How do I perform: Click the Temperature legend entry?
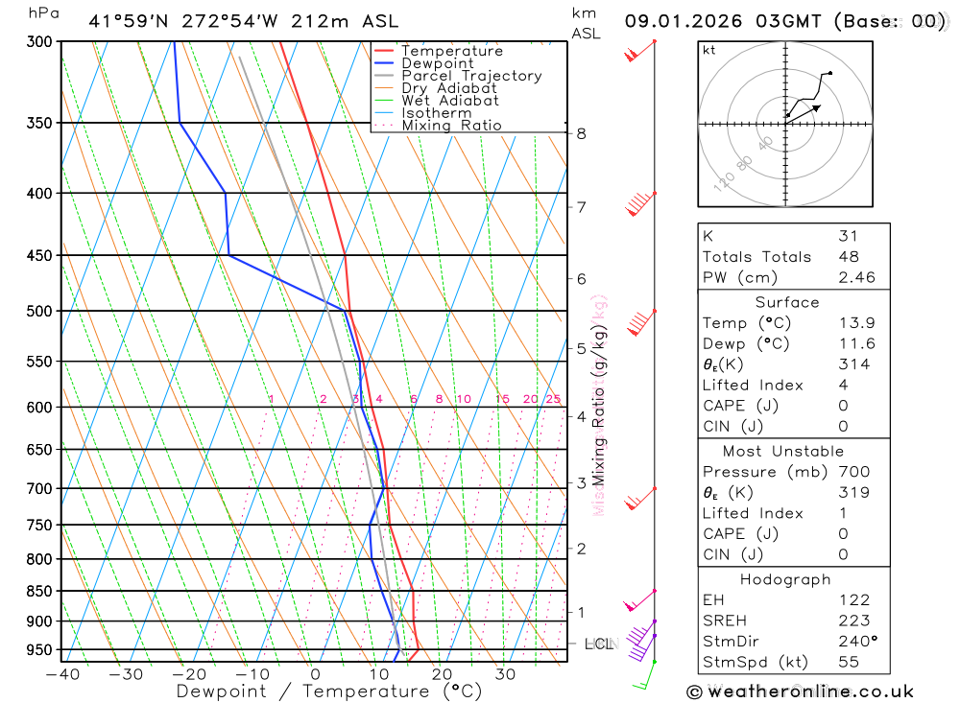coord(451,51)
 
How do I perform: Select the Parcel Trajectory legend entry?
coord(471,76)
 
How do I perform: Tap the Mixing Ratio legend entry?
coord(451,126)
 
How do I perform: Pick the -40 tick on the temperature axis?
coord(62,674)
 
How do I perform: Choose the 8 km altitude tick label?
coord(581,133)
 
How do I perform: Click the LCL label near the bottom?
coord(598,644)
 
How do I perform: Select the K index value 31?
coord(848,236)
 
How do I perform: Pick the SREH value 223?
coord(853,621)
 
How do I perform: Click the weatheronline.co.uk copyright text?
coord(800,691)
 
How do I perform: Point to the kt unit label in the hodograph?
coord(708,50)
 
